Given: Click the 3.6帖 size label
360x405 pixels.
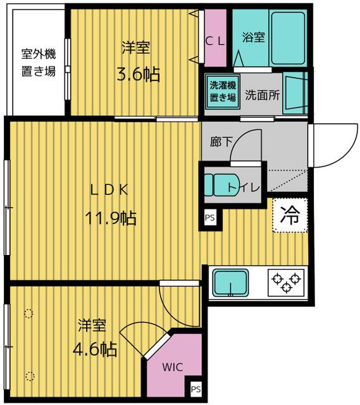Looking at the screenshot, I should pos(137,74).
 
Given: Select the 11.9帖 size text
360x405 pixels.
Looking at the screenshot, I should pos(111,218).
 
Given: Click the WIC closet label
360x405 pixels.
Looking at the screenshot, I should pos(172,366).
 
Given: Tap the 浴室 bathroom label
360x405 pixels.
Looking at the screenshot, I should pos(254,37).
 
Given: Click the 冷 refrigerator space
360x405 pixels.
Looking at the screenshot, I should pos(290,216).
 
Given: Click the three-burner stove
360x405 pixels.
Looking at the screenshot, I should pos(286,282).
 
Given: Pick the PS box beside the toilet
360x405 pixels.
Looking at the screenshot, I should pos(209,218).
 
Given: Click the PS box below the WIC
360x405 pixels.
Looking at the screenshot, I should pos(195,389).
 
